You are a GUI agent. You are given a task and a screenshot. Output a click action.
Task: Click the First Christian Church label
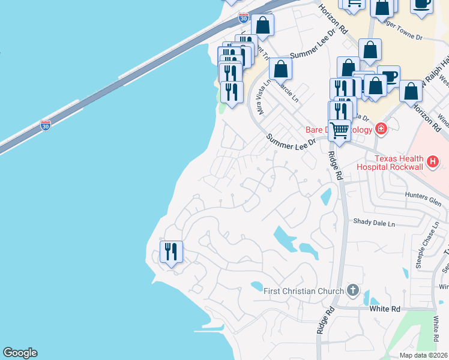[x=304, y=291]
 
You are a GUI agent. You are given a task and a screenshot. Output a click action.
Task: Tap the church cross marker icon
[x=352, y=291]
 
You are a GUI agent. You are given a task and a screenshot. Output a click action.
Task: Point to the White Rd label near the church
[x=385, y=308]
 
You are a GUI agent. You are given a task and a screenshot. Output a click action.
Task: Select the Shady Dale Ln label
[x=374, y=223]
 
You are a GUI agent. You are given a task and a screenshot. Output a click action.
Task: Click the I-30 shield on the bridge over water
[x=46, y=125]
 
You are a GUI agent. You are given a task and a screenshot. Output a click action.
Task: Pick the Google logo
[x=20, y=353]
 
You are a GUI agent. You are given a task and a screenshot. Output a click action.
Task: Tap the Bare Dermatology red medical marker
[x=380, y=129]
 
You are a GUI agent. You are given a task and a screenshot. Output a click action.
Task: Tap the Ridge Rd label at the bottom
[x=325, y=321]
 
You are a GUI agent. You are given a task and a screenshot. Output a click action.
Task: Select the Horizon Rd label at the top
[x=333, y=19]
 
